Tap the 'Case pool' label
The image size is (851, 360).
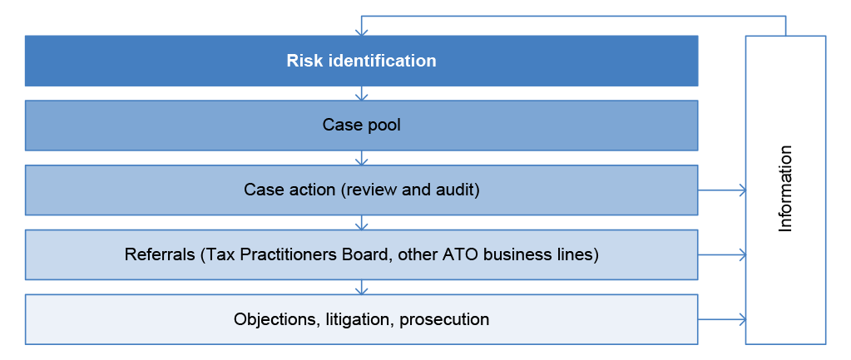tap(362, 126)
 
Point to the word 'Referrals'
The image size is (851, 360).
tap(160, 254)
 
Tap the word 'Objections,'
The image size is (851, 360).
tap(277, 319)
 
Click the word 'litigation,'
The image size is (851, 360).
tap(360, 319)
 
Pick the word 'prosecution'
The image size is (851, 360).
tap(444, 320)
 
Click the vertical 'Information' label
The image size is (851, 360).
tap(785, 189)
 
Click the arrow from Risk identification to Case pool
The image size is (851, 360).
tap(362, 93)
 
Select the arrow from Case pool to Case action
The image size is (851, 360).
tap(362, 158)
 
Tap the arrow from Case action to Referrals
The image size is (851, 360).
tap(362, 222)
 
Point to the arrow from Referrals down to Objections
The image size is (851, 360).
tap(362, 287)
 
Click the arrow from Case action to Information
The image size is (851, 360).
tap(722, 190)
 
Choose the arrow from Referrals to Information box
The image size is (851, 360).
tap(722, 254)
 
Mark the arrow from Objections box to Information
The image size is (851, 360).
tap(722, 319)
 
